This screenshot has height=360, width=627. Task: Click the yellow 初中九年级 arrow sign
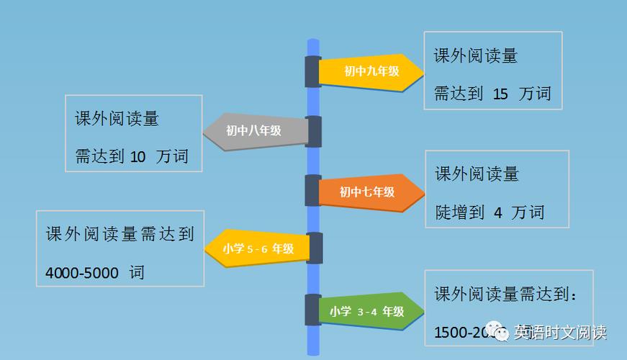pyautogui.click(x=371, y=72)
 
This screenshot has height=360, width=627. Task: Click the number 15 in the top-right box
pyautogui.click(x=501, y=94)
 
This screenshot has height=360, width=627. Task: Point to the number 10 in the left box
pyautogui.click(x=138, y=156)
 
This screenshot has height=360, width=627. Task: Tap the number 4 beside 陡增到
pyautogui.click(x=498, y=212)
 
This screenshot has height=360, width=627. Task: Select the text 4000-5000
pyautogui.click(x=81, y=273)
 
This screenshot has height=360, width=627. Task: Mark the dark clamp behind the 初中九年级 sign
pyautogui.click(x=312, y=72)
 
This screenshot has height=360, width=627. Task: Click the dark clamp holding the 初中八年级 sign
pyautogui.click(x=314, y=131)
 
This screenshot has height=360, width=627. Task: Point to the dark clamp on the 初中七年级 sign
pyautogui.click(x=312, y=191)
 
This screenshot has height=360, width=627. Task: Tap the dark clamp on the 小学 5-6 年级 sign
pyautogui.click(x=315, y=248)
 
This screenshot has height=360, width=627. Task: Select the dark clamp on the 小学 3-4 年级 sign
pyautogui.click(x=312, y=310)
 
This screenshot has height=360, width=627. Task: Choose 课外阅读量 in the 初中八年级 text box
pyautogui.click(x=117, y=118)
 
